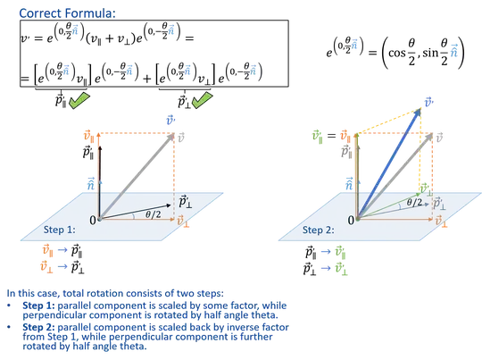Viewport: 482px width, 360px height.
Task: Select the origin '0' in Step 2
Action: [x=352, y=219]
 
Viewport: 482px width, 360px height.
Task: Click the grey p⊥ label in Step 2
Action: [x=438, y=205]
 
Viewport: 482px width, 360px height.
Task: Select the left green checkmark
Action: [x=79, y=102]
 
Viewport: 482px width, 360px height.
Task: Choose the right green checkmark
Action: [x=203, y=101]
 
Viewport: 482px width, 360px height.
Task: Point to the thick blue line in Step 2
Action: [x=393, y=161]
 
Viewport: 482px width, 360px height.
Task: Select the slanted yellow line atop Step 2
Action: [x=393, y=120]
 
